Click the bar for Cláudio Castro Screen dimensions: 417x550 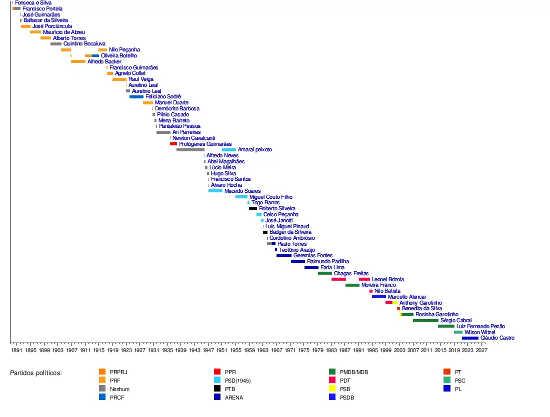470,338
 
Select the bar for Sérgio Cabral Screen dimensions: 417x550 425,321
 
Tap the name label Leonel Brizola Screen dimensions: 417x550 388,280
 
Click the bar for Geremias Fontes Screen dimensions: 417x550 283,256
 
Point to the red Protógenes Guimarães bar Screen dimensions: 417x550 173,144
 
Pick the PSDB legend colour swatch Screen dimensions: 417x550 332,398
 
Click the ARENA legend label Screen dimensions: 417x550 234,398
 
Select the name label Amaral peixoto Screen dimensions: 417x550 255,150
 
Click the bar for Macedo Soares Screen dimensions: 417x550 215,191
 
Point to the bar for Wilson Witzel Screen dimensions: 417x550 458,332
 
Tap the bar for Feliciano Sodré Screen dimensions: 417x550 136,97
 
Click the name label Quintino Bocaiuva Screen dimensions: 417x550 84,44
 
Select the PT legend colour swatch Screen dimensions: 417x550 447,372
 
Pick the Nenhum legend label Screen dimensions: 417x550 119,389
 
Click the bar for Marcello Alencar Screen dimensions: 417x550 378,297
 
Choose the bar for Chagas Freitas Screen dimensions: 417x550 325,273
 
